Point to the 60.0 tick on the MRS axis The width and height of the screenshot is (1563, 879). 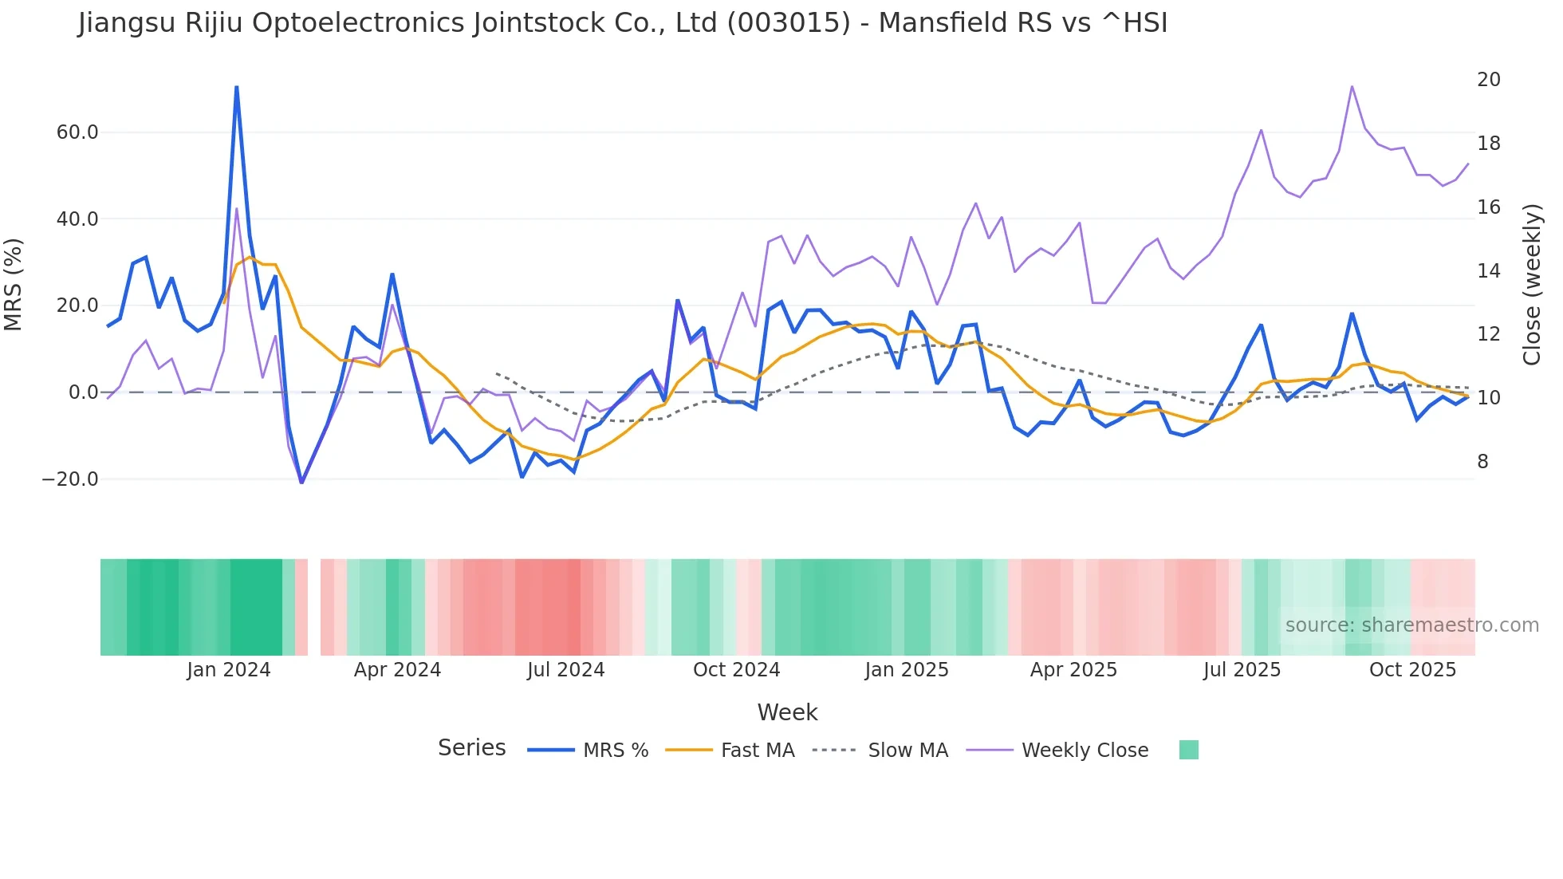click(x=77, y=132)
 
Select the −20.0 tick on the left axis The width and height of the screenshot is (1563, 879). click(x=70, y=479)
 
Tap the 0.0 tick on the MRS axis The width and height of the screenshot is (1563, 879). click(x=83, y=392)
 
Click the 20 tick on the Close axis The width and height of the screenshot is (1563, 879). click(x=1488, y=80)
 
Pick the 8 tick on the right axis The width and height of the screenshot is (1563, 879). click(x=1482, y=462)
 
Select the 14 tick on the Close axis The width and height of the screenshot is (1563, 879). click(x=1488, y=271)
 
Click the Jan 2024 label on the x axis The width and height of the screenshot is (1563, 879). click(x=229, y=670)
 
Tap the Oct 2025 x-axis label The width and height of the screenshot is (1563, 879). click(x=1412, y=670)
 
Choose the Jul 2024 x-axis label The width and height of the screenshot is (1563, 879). click(x=565, y=670)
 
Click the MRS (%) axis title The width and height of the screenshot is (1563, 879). click(x=14, y=285)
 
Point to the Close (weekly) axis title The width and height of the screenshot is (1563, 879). click(x=1532, y=285)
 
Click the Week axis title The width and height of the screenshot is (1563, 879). click(x=787, y=712)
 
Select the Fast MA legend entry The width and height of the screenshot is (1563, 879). click(x=757, y=751)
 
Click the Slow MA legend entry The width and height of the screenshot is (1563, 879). click(x=907, y=751)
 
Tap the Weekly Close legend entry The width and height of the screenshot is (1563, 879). click(x=1085, y=751)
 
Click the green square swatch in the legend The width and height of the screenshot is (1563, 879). click(x=1188, y=750)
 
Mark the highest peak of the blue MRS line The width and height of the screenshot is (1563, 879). click(x=237, y=87)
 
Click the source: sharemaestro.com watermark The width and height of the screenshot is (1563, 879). click(x=1411, y=625)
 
